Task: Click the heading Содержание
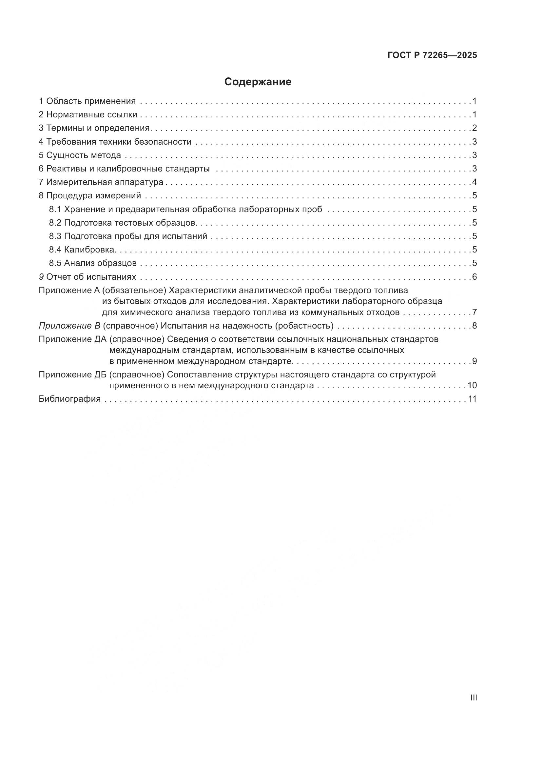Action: tap(258, 82)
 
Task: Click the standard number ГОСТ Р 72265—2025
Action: tap(432, 55)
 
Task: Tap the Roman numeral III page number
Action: tap(473, 697)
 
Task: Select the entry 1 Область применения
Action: tap(87, 101)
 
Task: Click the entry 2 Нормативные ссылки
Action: tap(88, 114)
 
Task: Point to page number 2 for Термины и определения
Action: tap(474, 128)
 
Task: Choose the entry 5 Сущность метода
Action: tap(80, 155)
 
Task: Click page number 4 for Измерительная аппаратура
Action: tap(474, 182)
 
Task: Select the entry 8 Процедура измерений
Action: tap(90, 195)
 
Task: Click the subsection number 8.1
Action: tap(55, 210)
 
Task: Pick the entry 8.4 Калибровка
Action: tap(82, 250)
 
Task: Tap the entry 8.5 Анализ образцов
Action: tap(93, 263)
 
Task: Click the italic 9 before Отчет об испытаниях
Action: tap(41, 277)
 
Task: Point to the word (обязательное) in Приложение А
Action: tap(134, 290)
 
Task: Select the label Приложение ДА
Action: tap(72, 339)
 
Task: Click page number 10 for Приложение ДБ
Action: tap(472, 386)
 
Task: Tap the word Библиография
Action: tap(70, 399)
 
